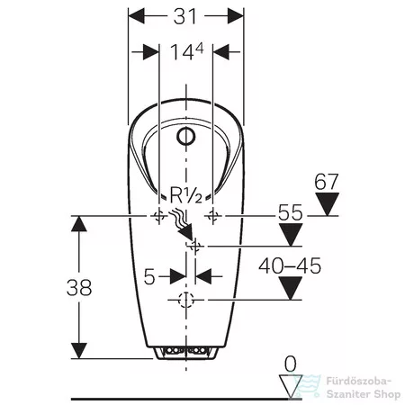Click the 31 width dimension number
[x=185, y=16]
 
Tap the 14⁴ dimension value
[x=187, y=51]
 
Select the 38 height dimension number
[x=79, y=287]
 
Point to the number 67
[x=327, y=182]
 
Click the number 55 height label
[x=291, y=212]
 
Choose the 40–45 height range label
[x=290, y=265]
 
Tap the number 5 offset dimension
[x=149, y=276]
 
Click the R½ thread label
[x=186, y=194]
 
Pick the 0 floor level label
[x=290, y=364]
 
